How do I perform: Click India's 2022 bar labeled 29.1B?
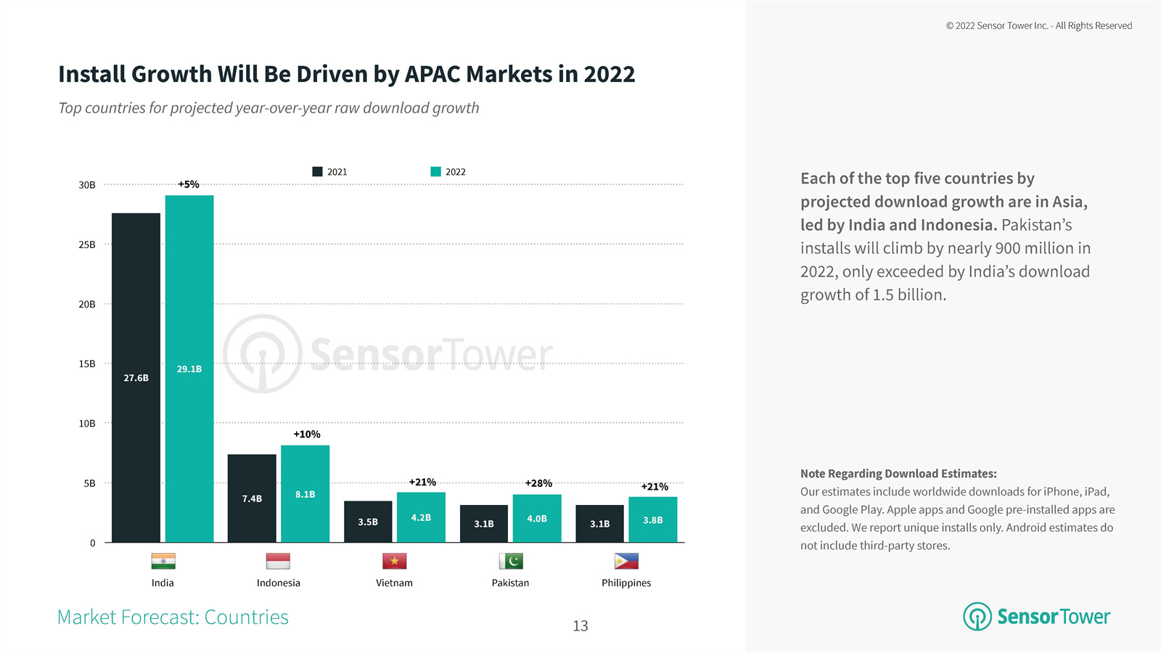pyautogui.click(x=189, y=369)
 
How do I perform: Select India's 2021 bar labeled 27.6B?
pyautogui.click(x=136, y=377)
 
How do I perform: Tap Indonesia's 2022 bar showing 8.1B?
pyautogui.click(x=305, y=493)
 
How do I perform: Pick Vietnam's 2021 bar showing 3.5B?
pyautogui.click(x=368, y=522)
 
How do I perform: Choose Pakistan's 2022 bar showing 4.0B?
pyautogui.click(x=537, y=518)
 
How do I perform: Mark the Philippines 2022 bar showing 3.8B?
pyautogui.click(x=653, y=519)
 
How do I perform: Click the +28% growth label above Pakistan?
pyautogui.click(x=538, y=483)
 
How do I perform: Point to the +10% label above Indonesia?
pyautogui.click(x=306, y=434)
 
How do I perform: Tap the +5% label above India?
pyautogui.click(x=189, y=184)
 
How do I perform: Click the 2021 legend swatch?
pyautogui.click(x=317, y=172)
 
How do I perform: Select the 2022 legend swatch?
pyautogui.click(x=435, y=172)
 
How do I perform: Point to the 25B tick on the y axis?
pyautogui.click(x=87, y=245)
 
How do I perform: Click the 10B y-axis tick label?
pyautogui.click(x=87, y=423)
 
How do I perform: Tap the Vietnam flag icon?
pyautogui.click(x=394, y=561)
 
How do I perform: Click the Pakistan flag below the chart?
pyautogui.click(x=511, y=561)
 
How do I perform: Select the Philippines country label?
pyautogui.click(x=626, y=583)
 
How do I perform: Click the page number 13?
pyautogui.click(x=580, y=625)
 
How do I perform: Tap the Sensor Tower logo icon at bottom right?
pyautogui.click(x=977, y=616)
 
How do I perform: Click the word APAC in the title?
pyautogui.click(x=432, y=74)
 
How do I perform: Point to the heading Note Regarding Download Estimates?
pyautogui.click(x=898, y=473)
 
